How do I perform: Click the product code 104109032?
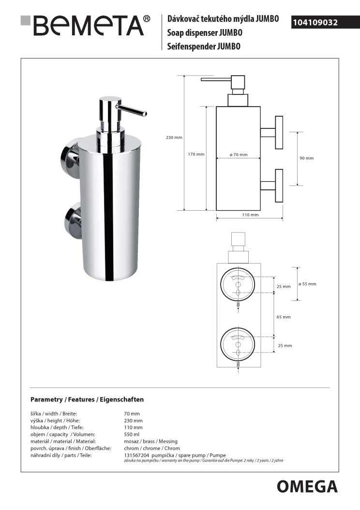click(x=315, y=22)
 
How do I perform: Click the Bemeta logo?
click(x=86, y=25)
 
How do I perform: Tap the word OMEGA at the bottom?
click(x=307, y=487)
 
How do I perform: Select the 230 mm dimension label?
click(x=174, y=138)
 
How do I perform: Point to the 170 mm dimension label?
click(x=196, y=154)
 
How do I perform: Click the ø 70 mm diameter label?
click(x=239, y=155)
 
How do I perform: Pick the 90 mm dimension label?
click(x=307, y=158)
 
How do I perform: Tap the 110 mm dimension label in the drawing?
click(x=250, y=215)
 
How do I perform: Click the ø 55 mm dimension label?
click(x=307, y=284)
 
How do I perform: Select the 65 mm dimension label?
click(x=284, y=317)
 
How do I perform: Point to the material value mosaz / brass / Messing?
click(x=151, y=441)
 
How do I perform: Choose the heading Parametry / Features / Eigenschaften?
click(x=87, y=400)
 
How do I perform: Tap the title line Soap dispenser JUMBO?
click(x=205, y=32)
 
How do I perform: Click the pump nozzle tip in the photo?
click(x=145, y=114)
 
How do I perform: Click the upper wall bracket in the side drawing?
click(x=271, y=132)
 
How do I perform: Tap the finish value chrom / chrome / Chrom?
click(x=152, y=448)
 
